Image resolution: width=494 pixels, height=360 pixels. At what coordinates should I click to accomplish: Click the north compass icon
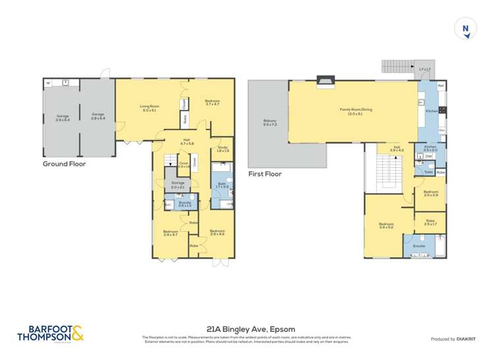[466, 30]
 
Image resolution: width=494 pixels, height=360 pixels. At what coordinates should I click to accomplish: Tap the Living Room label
[149, 108]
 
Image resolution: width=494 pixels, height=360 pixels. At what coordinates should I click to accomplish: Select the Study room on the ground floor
[223, 149]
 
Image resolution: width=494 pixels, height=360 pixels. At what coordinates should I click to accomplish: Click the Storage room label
[178, 185]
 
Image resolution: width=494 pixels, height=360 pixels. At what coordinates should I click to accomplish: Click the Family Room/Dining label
[356, 111]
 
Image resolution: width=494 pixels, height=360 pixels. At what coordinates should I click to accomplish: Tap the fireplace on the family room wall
[325, 81]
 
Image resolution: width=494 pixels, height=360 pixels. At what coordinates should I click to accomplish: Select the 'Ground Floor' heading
[64, 164]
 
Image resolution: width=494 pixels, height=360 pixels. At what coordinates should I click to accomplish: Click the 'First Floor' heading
[265, 174]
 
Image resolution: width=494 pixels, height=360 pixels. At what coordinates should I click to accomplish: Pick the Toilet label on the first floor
[428, 172]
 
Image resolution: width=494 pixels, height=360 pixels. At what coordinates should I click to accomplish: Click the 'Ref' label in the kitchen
[441, 86]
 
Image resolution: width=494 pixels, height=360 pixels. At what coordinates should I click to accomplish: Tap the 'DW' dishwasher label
[428, 157]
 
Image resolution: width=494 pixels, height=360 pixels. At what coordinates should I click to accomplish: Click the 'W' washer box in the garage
[48, 83]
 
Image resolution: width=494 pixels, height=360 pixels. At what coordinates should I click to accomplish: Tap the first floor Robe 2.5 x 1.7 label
[431, 223]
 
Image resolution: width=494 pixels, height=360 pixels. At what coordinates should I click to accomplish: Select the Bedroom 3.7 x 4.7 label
[212, 103]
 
